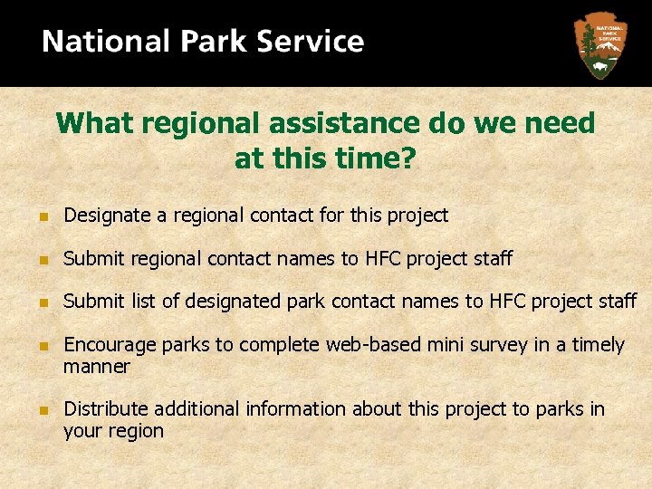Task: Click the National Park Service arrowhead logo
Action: (x=599, y=45)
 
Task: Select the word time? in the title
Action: (x=376, y=159)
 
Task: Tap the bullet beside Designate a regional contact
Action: (x=43, y=216)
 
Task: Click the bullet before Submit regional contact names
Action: (x=43, y=260)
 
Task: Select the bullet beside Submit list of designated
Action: (x=43, y=302)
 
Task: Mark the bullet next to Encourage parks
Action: (x=43, y=346)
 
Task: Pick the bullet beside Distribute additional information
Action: (x=43, y=410)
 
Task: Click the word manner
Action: (x=96, y=367)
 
